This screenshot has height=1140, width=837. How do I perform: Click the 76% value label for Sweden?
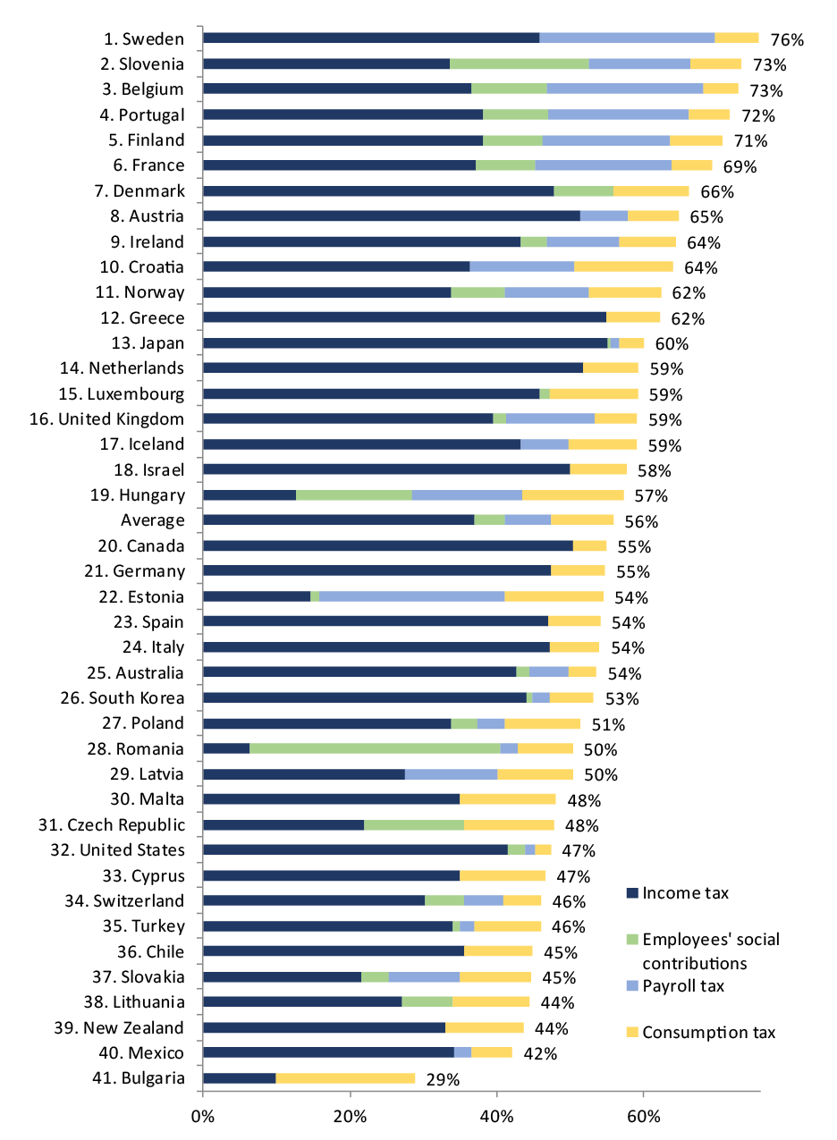[788, 39]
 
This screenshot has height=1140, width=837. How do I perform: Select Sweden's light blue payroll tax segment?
[627, 38]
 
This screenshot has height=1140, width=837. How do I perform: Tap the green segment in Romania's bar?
[375, 748]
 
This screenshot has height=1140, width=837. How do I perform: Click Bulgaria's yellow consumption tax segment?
[345, 1078]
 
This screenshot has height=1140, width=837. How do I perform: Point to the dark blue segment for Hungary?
[249, 494]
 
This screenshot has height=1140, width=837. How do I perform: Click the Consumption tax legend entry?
[707, 1033]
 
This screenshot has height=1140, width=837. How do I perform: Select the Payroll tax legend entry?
[683, 986]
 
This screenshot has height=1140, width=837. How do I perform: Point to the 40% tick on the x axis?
[496, 1115]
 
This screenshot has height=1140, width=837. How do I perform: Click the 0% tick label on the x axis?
[203, 1115]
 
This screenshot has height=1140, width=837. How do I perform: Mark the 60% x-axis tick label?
[643, 1115]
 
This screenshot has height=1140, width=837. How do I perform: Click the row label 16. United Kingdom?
[122, 419]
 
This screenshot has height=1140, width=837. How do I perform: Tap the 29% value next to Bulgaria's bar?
[442, 1079]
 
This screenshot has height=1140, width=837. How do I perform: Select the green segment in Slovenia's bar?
[519, 63]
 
